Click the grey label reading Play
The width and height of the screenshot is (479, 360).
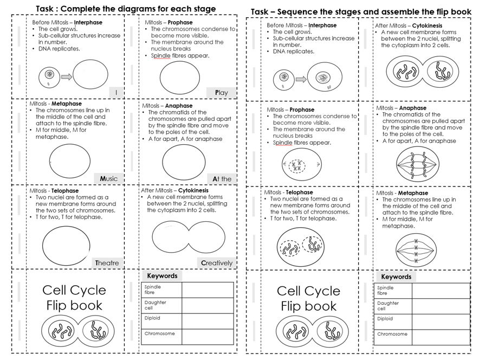(x=222, y=93)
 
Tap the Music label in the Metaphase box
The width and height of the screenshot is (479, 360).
(x=108, y=178)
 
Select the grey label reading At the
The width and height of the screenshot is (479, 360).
(x=222, y=178)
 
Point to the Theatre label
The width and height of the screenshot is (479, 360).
(x=107, y=263)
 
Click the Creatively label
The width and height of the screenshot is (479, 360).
(x=217, y=263)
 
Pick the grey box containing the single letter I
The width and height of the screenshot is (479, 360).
(x=116, y=93)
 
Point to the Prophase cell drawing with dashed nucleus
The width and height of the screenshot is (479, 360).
(x=296, y=165)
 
